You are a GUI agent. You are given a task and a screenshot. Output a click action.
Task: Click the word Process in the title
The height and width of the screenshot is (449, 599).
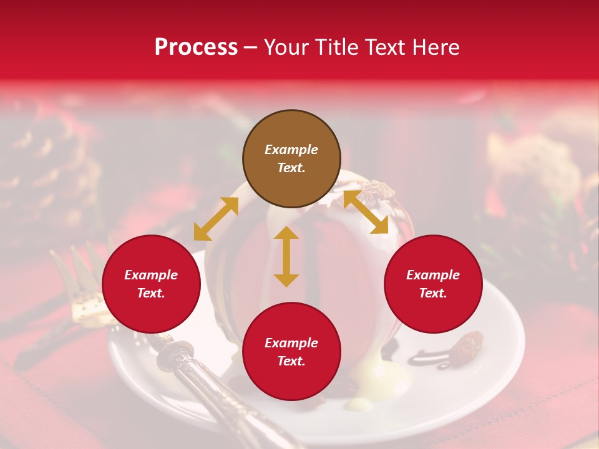pos(196,47)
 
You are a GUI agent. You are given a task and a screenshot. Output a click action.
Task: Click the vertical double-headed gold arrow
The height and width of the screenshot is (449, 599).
pos(286,256)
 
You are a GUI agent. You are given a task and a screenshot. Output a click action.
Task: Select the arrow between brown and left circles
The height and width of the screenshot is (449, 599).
pos(216,219)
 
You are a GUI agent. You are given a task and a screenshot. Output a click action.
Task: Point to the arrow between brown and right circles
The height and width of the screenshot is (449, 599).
pos(366,212)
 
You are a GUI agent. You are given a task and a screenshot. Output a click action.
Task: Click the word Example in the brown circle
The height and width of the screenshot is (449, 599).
pos(291,150)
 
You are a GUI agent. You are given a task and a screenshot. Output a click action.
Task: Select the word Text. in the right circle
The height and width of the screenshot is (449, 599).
pos(433,293)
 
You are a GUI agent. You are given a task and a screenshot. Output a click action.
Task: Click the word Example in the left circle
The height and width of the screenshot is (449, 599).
pos(151,275)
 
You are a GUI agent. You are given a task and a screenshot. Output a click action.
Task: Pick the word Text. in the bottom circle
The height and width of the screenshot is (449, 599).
pos(291,362)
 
